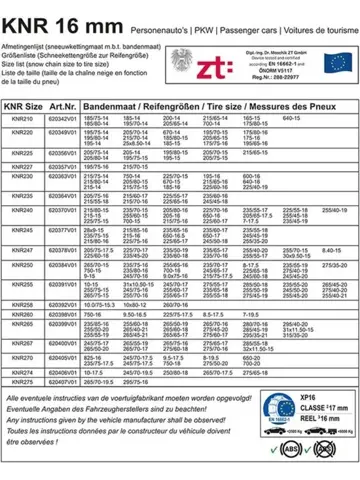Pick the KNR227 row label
(19, 165)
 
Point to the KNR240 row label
(19, 211)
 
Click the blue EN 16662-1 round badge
(251, 435)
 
